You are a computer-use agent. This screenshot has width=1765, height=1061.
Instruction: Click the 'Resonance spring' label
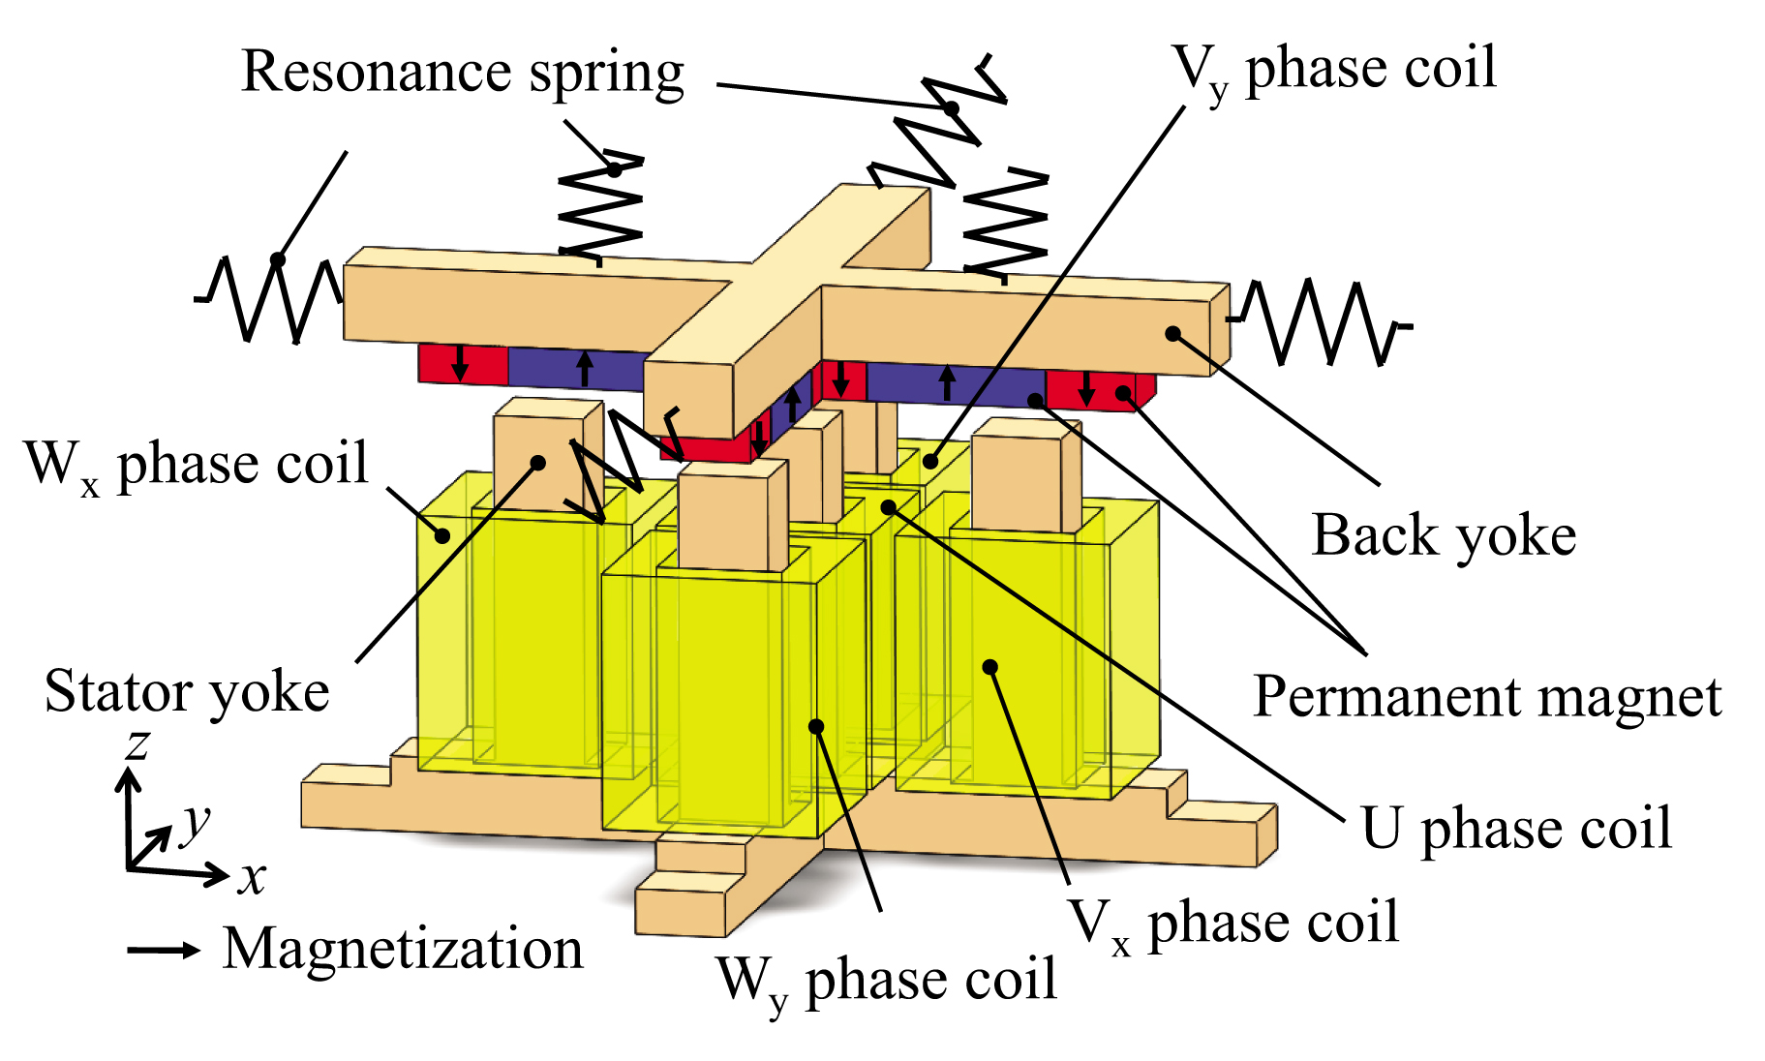tap(463, 74)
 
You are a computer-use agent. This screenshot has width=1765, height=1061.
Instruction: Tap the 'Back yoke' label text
tap(1444, 536)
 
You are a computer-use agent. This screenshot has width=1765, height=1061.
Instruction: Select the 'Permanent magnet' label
tap(1487, 697)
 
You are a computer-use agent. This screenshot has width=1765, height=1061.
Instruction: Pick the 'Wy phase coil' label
tap(886, 980)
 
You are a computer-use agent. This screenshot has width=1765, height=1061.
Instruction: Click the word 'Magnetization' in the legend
tap(403, 949)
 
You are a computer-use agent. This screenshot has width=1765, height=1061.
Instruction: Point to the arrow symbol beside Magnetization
tap(163, 951)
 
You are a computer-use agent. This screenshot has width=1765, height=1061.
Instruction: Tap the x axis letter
tap(252, 877)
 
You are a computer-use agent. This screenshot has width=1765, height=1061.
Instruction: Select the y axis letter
tap(197, 821)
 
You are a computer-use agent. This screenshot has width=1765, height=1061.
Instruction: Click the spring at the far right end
tap(1322, 323)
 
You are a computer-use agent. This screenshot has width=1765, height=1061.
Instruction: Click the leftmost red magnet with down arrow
tap(462, 364)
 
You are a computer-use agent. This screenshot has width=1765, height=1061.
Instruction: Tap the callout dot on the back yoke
tap(1172, 334)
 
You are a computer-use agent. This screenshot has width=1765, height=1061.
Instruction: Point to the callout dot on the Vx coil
tap(989, 667)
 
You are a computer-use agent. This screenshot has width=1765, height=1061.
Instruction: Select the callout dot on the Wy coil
tap(816, 727)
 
